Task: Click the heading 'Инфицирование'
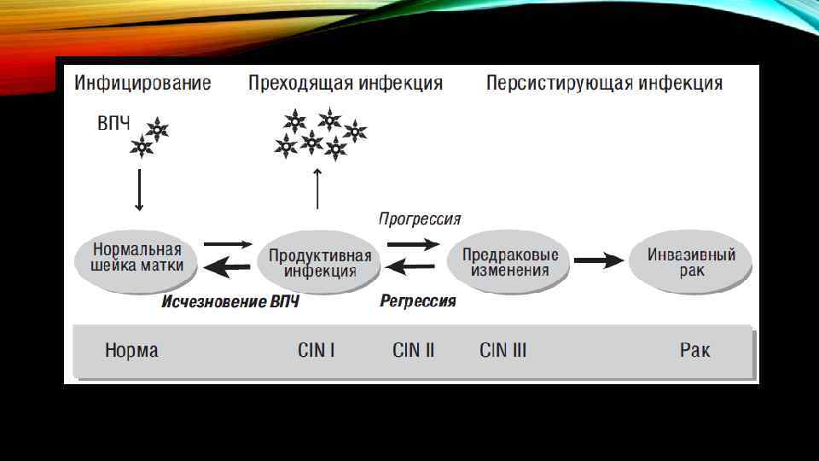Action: (x=142, y=83)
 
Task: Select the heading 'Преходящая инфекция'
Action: (x=346, y=83)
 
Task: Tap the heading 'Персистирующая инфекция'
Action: (x=604, y=83)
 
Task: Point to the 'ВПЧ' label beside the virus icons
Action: (x=113, y=124)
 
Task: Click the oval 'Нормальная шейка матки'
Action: (x=138, y=257)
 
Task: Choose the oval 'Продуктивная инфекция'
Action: (x=320, y=263)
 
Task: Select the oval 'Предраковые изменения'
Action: (x=510, y=262)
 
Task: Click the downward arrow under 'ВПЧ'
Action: (x=140, y=190)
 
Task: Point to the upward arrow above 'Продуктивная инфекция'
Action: (x=317, y=189)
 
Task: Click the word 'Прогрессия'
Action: (x=420, y=219)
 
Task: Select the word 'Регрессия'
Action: (x=418, y=301)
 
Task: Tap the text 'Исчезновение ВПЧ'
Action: (x=230, y=301)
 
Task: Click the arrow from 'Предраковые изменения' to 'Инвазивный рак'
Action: (x=602, y=259)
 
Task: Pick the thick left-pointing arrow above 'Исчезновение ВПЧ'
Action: (x=228, y=268)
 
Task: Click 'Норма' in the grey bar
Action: (x=131, y=350)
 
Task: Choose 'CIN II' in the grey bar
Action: (x=413, y=350)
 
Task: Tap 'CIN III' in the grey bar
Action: (x=502, y=350)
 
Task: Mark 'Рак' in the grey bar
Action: (x=694, y=350)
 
